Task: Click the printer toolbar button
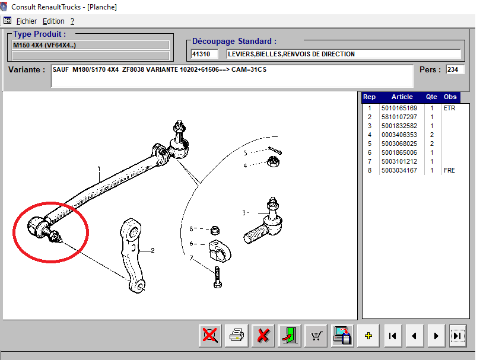237,335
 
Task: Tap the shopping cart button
316,335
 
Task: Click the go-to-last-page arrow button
457,335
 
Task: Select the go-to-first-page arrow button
392,335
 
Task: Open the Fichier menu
27,21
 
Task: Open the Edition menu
53,21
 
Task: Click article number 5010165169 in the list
399,108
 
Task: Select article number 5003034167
399,170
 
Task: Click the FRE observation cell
449,170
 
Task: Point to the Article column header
402,97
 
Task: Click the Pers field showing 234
455,69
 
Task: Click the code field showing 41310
205,54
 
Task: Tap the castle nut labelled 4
273,161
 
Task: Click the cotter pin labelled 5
275,150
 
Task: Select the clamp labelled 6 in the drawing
220,250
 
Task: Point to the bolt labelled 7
217,277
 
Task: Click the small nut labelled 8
215,230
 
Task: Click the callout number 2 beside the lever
152,250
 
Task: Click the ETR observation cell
449,108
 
